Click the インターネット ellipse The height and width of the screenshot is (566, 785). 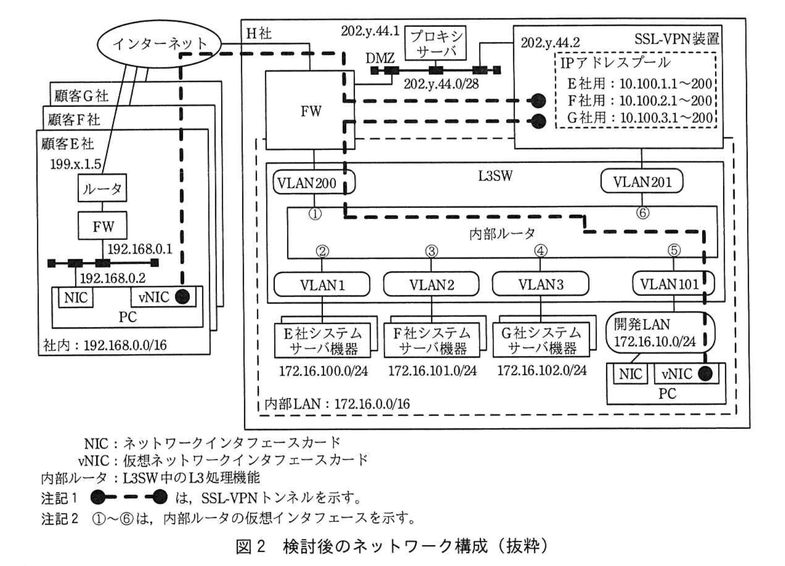(x=159, y=44)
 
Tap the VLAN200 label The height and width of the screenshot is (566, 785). (x=307, y=183)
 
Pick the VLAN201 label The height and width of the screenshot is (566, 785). (x=641, y=182)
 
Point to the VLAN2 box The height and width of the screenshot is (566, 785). (x=431, y=284)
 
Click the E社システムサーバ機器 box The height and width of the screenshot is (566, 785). (x=323, y=341)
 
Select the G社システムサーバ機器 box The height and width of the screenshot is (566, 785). (x=542, y=341)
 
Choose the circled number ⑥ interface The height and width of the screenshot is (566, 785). (x=643, y=213)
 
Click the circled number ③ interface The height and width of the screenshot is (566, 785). (x=431, y=251)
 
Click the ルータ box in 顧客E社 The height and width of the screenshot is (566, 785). (x=102, y=189)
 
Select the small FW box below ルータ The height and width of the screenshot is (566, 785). (x=102, y=227)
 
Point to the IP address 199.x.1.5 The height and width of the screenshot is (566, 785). (x=75, y=164)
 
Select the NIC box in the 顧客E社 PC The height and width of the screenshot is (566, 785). (x=75, y=298)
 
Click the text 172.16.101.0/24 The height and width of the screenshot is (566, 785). (x=432, y=371)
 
